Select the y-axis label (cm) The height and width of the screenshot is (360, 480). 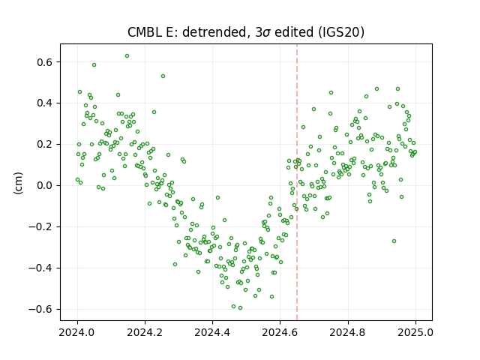pos(18,183)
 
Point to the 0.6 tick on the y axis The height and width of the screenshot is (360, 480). pos(46,62)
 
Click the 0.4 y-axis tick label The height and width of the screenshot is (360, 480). pos(46,103)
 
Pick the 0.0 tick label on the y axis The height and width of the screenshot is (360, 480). pos(46,185)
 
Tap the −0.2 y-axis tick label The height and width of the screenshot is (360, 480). pos(41,226)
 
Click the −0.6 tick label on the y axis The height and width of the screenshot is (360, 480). pos(41,309)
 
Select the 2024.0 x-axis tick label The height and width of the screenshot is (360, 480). pos(77,332)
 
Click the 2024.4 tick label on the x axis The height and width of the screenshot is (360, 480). pos(212,332)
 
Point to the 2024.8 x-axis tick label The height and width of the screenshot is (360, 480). pos(348,332)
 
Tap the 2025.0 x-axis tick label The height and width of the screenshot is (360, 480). pos(415,332)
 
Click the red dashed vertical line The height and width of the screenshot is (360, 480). pos(297,182)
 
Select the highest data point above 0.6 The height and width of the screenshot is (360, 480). pos(127,56)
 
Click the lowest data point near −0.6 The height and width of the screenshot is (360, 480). pos(240,308)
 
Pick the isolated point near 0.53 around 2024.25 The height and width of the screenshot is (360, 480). pos(163,76)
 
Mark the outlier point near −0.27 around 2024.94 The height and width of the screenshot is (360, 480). pos(394,241)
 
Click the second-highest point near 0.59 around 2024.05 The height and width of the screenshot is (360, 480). pos(94,65)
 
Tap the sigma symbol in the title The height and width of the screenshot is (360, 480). pos(266,33)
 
